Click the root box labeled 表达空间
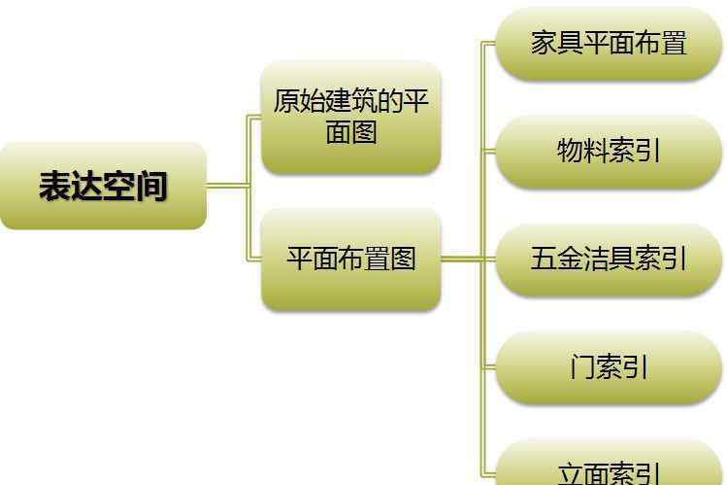[103, 186]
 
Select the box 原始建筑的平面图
[351, 118]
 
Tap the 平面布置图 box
[351, 259]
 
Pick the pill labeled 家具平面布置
[609, 43]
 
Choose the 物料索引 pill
[609, 151]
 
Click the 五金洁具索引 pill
[609, 259]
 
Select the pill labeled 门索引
[609, 366]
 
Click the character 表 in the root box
[54, 186]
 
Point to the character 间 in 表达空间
[151, 186]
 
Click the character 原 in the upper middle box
[286, 101]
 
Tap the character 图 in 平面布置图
[403, 258]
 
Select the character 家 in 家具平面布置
[544, 43]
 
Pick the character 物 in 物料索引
[570, 151]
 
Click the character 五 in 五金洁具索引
[544, 258]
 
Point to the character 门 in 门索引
[582, 366]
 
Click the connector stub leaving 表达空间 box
[227, 186]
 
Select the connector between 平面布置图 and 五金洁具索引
[468, 259]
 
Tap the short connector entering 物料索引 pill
[489, 151]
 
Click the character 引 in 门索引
[635, 366]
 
